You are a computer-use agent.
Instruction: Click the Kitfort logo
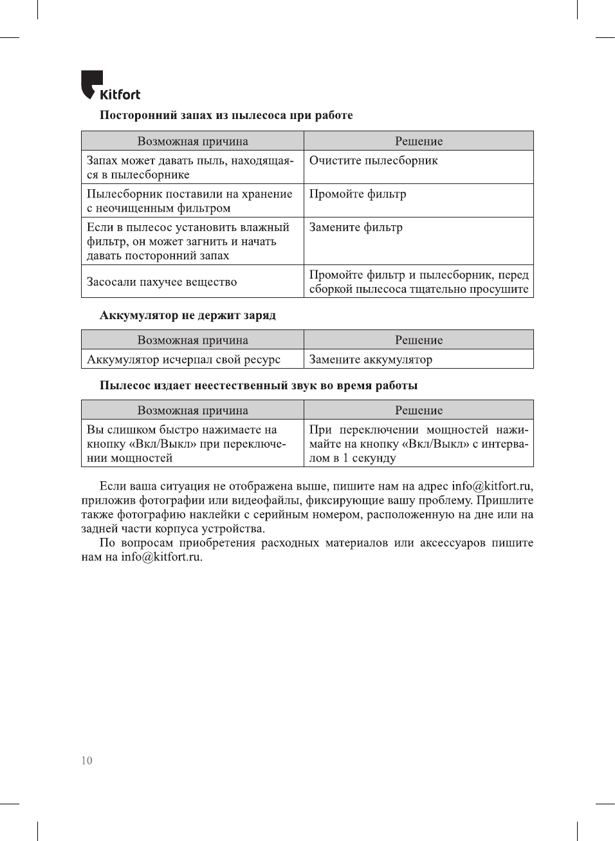pos(110,86)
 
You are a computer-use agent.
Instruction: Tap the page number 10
pos(87,761)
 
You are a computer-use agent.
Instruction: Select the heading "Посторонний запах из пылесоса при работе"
pos(226,115)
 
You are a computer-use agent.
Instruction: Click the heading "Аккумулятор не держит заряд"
pos(187,315)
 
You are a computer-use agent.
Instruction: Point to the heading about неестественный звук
pos(258,385)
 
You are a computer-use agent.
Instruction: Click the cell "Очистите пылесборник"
pos(373,161)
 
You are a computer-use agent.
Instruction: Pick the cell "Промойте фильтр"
pos(358,194)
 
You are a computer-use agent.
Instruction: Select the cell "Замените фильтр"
pos(356,228)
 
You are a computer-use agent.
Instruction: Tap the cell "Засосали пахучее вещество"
pos(161,282)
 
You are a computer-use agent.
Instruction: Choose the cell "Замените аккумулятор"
pos(371,360)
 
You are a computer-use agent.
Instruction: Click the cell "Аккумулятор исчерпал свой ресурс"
pos(183,360)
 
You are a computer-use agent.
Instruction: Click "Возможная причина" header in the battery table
pos(192,340)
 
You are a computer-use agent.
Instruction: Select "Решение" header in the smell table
pos(419,142)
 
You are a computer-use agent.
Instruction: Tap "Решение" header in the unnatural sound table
pos(419,411)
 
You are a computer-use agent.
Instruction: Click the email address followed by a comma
pos(491,486)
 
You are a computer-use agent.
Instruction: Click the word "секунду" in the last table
pos(374,458)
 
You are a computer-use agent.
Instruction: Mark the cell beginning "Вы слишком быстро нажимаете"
pos(186,444)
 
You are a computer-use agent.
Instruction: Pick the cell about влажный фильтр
pos(188,241)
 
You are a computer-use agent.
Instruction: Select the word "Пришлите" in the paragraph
pos(505,501)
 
